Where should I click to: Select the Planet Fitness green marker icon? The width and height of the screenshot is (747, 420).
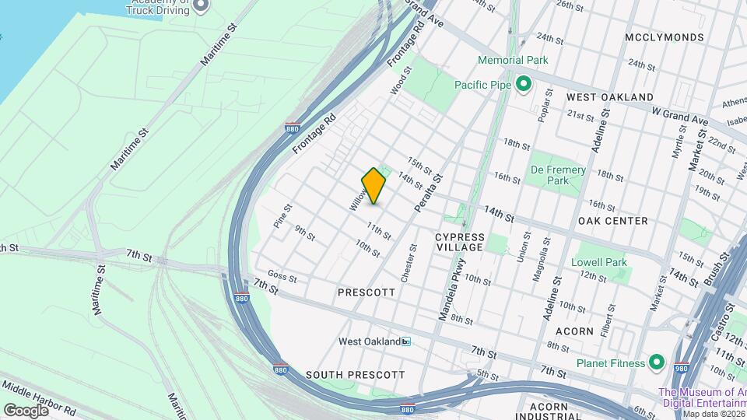656,362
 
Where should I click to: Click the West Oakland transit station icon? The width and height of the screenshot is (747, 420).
406,341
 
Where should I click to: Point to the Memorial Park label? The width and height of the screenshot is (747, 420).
513,60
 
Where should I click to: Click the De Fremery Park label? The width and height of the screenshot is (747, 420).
558,175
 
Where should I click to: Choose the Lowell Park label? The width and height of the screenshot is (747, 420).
599,262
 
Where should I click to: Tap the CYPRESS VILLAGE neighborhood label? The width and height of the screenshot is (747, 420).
460,242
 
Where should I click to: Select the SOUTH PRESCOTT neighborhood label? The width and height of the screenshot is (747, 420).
355,375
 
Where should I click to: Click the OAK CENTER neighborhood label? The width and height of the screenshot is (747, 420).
613,221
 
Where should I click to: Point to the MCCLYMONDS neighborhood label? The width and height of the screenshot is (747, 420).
665,37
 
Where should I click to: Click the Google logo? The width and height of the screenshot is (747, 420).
25,410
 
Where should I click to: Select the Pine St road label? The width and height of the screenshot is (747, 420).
282,215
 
